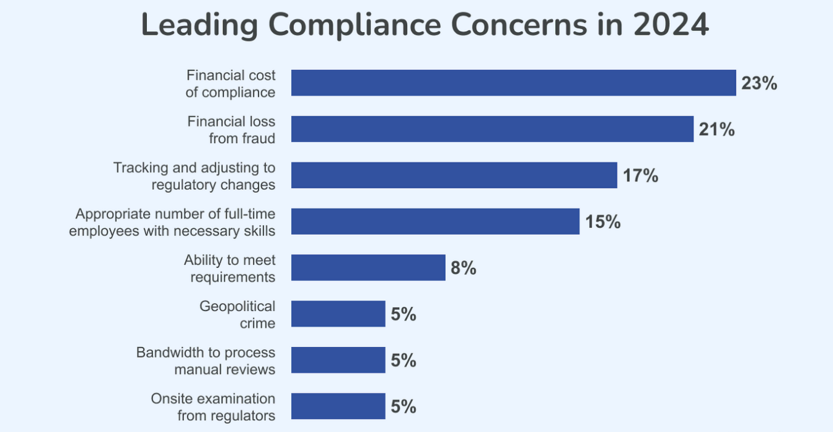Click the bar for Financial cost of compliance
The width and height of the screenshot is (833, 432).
[513, 83]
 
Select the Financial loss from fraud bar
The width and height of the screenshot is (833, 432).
[492, 129]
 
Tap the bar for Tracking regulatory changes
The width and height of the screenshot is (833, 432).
[454, 175]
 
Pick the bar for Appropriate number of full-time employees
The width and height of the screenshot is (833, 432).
[435, 221]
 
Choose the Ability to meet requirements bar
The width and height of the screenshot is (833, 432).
[368, 268]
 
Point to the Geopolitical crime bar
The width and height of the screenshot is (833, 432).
[338, 314]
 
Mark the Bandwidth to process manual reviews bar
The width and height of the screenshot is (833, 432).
[338, 360]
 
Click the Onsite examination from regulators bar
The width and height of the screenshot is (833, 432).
[338, 406]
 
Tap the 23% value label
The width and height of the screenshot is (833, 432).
[759, 83]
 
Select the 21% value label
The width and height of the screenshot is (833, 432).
[716, 130]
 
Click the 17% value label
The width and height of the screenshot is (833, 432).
[640, 175]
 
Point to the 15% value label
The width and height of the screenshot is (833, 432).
[603, 221]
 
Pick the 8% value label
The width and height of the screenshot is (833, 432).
[464, 268]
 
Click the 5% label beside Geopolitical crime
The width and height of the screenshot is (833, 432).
[403, 314]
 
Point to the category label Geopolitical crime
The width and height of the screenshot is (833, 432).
[237, 314]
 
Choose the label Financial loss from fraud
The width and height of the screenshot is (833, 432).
[232, 130]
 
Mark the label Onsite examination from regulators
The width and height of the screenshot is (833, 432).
[213, 407]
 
